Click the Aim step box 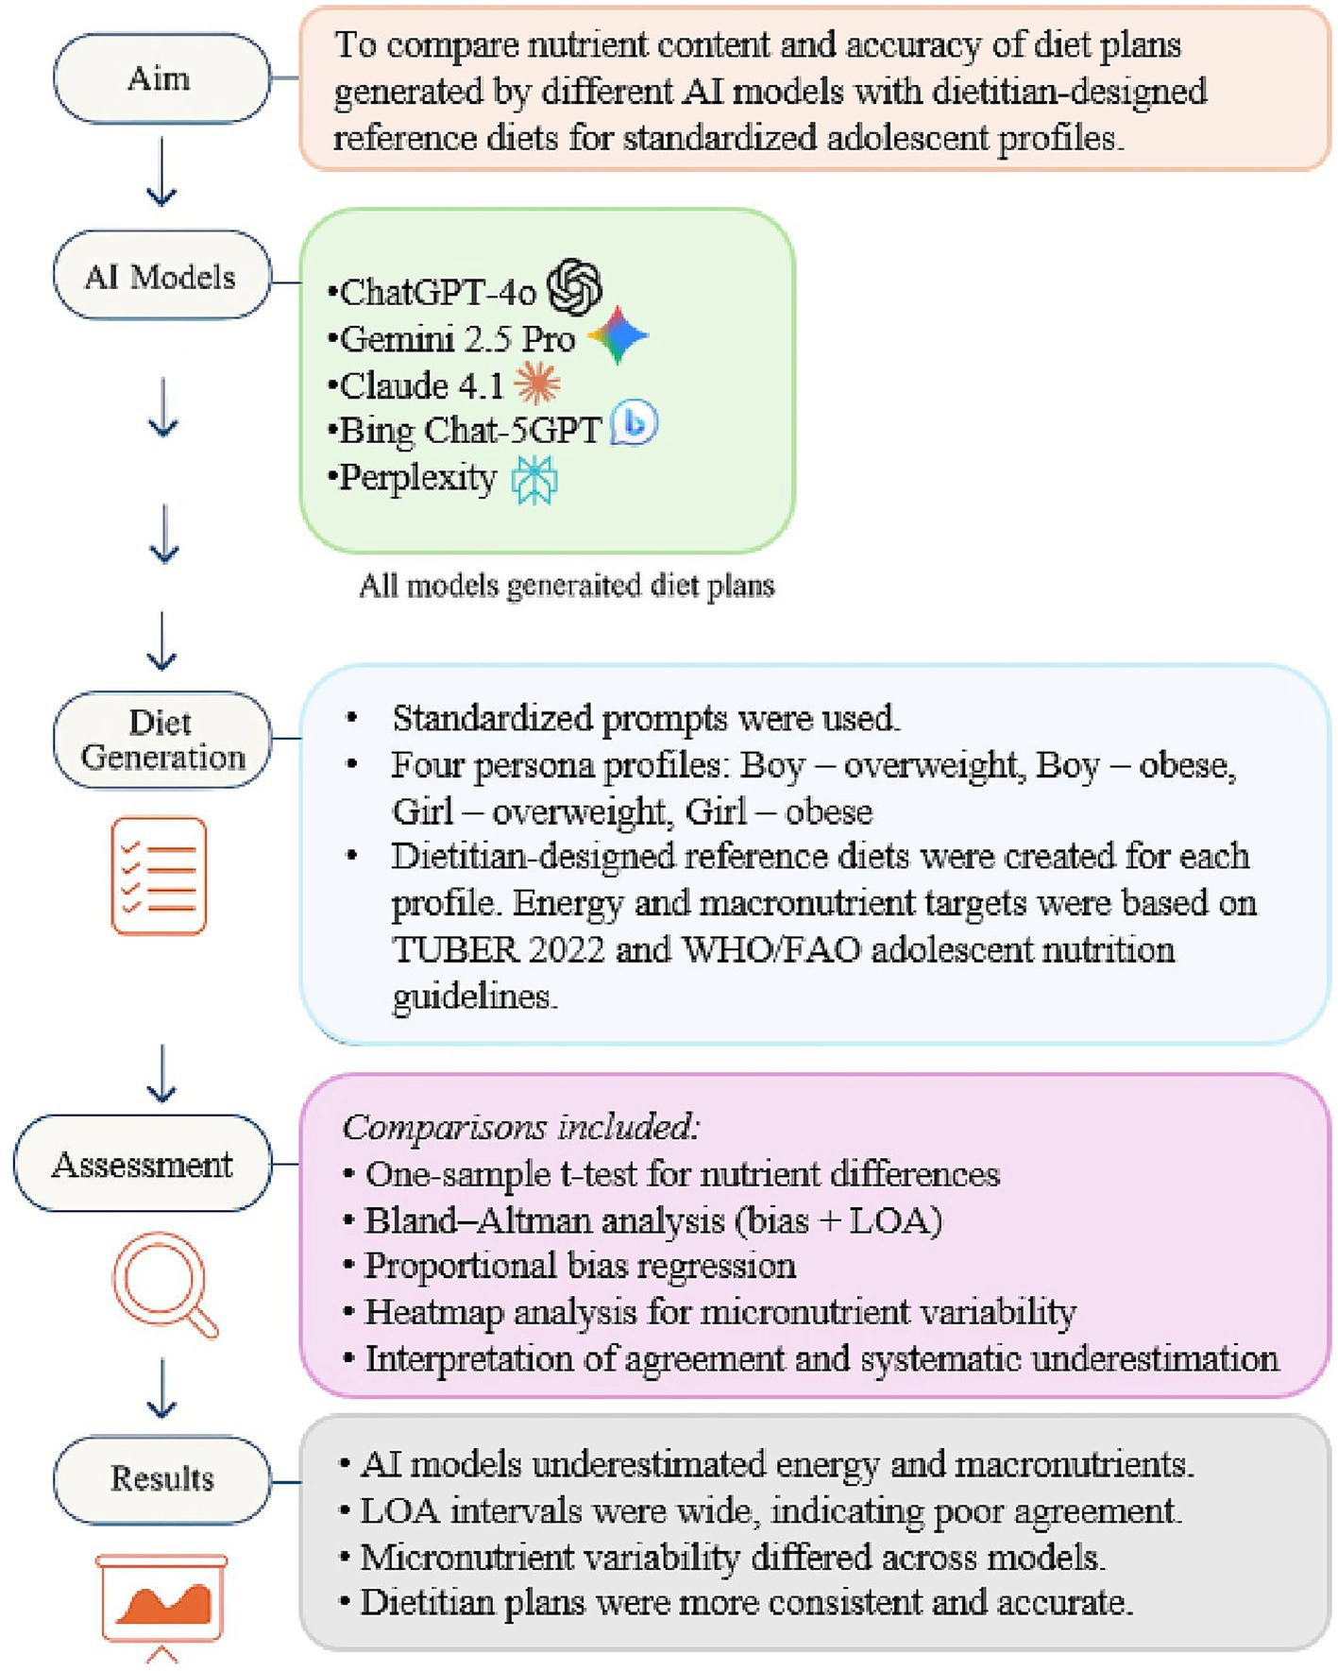161,78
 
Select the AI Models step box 161,276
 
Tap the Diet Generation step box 161,740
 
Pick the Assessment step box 143,1164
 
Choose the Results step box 161,1478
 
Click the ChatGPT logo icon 575,287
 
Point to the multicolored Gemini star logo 618,335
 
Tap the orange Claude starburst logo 537,384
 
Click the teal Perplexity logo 534,479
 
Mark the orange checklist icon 159,876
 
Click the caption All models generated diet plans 567,587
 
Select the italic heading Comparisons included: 520,1127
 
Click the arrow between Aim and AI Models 161,172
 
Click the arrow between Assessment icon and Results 161,1389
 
